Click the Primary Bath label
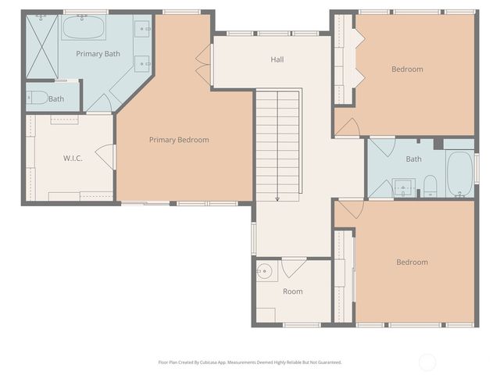[x=98, y=54]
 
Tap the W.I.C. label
[x=73, y=159]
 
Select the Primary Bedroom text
[x=179, y=140]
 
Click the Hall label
[x=277, y=59]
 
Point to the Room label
[x=292, y=291]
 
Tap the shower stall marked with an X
[x=42, y=46]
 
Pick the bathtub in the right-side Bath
[x=459, y=173]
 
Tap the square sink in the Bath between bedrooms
[x=403, y=187]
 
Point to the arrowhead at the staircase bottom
[x=277, y=198]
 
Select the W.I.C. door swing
[x=108, y=157]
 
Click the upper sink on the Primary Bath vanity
[x=145, y=30]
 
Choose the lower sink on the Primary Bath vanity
[x=145, y=62]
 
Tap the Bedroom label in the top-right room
[x=407, y=69]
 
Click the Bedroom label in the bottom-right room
[x=412, y=262]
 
